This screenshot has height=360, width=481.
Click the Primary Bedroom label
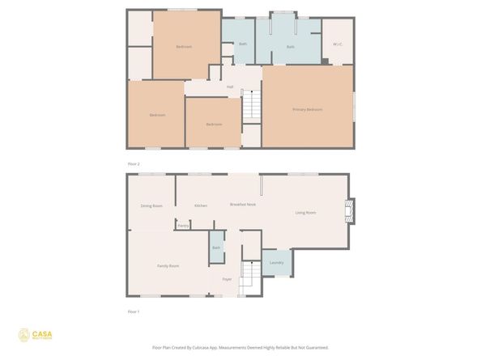pos(308,109)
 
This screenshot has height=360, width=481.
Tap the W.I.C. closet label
pos(338,44)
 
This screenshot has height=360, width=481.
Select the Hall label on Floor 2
pos(230,87)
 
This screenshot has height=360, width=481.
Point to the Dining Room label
pos(151,205)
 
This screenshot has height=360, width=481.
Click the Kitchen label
pos(201,205)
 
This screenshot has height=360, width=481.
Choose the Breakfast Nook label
pos(243,205)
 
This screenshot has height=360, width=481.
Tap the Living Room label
pos(305,213)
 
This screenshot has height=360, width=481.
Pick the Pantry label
pos(183,226)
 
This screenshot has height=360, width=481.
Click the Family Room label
pos(168,265)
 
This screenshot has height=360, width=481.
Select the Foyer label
pos(227,279)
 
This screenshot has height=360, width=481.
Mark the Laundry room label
pos(276,263)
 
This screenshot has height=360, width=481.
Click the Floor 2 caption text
pos(134,163)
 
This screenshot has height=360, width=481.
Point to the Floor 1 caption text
pos(134,311)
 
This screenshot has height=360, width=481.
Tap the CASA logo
pos(33,334)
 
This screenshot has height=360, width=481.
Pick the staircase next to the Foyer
pos(249,276)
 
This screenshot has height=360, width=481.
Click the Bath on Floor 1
pos(216,248)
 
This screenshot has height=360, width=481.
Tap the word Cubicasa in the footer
pos(211,347)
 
